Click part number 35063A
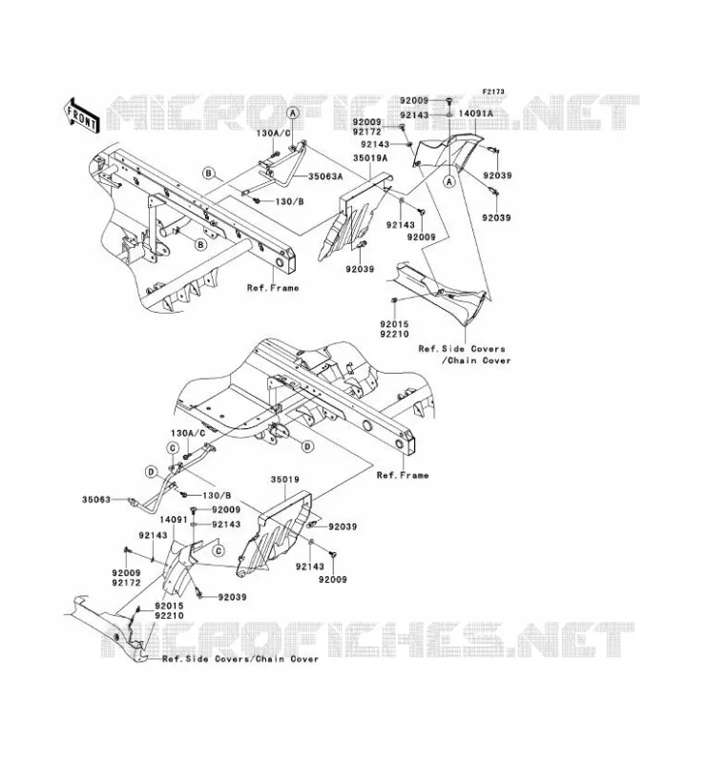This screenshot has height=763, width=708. tap(325, 176)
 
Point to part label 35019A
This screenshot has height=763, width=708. tap(370, 158)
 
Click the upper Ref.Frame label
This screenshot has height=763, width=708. tap(273, 288)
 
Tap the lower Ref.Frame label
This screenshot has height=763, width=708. tap(403, 475)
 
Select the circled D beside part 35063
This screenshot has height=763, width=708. tap(151, 471)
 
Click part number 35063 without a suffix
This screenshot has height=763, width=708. tap(96, 499)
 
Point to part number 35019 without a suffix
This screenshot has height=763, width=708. tap(285, 480)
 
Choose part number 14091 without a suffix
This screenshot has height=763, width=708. tap(174, 520)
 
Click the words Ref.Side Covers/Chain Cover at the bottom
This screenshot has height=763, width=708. tap(240, 659)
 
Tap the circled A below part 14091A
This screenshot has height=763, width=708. tap(449, 181)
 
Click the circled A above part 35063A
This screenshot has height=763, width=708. tap(293, 113)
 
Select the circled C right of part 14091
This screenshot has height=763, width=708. tap(219, 550)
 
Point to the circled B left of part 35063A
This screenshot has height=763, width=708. tap(208, 173)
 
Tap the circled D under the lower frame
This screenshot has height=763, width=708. tap(306, 445)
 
